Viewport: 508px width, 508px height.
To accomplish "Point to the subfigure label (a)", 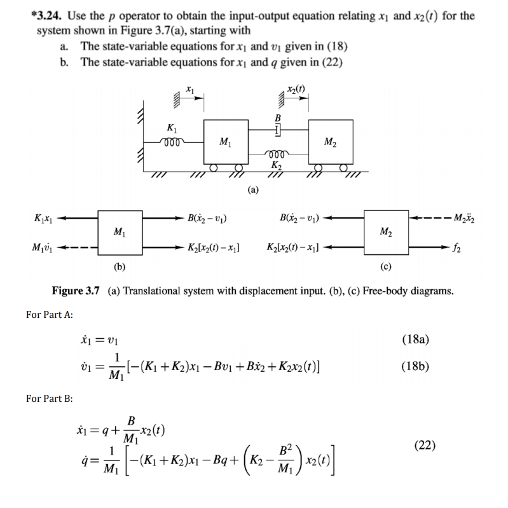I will point(252,189).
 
